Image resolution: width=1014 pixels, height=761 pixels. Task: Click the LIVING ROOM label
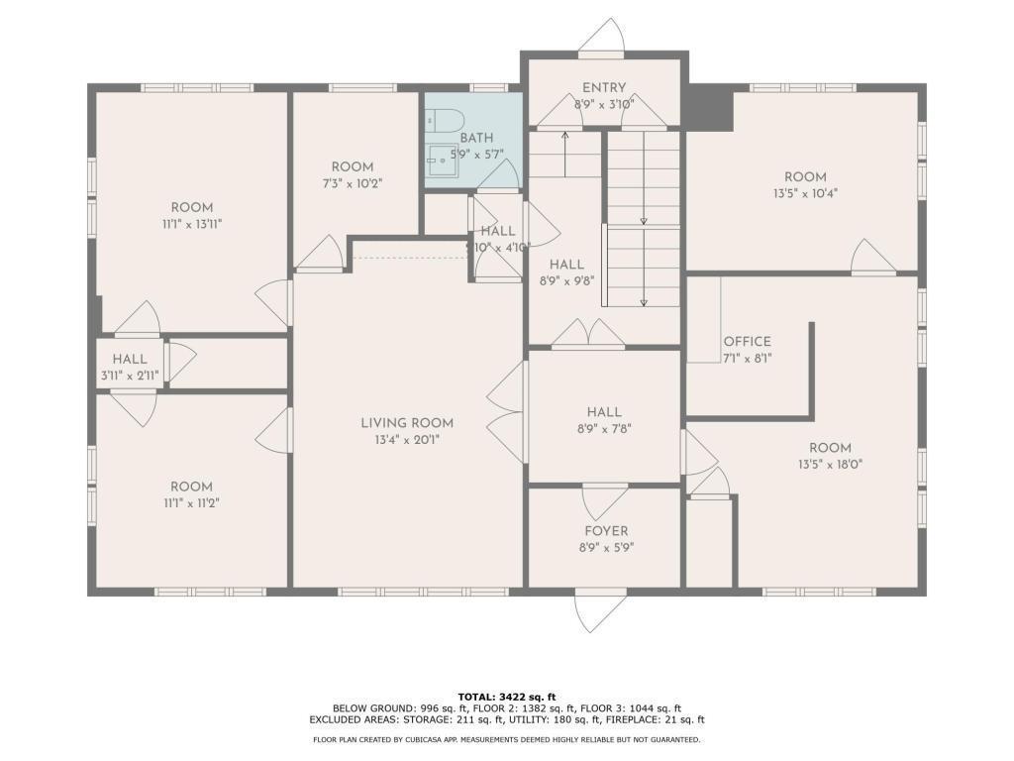pos(406,423)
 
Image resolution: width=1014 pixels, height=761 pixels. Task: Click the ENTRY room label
pos(603,88)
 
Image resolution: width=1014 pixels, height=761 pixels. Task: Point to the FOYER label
pos(604,531)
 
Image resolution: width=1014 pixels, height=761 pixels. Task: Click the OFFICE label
pos(747,342)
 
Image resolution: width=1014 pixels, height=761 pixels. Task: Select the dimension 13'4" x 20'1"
pos(406,440)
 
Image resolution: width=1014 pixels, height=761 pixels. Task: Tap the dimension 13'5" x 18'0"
pos(829,464)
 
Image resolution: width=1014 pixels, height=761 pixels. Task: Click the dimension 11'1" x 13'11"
pos(191,224)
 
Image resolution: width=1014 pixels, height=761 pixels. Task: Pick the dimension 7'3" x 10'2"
pos(352,183)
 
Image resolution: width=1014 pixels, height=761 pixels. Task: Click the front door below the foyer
pos(601,608)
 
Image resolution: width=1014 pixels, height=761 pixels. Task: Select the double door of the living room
pos(506,410)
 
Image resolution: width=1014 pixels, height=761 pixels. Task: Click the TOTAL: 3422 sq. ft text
pos(506,696)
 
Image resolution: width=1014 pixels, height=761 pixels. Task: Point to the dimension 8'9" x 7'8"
pos(603,429)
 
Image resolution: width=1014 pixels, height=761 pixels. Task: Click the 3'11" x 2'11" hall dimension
pos(130,376)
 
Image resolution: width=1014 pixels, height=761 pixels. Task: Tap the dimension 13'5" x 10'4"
pos(804,194)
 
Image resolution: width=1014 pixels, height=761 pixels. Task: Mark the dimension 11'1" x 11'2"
pos(191,502)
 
